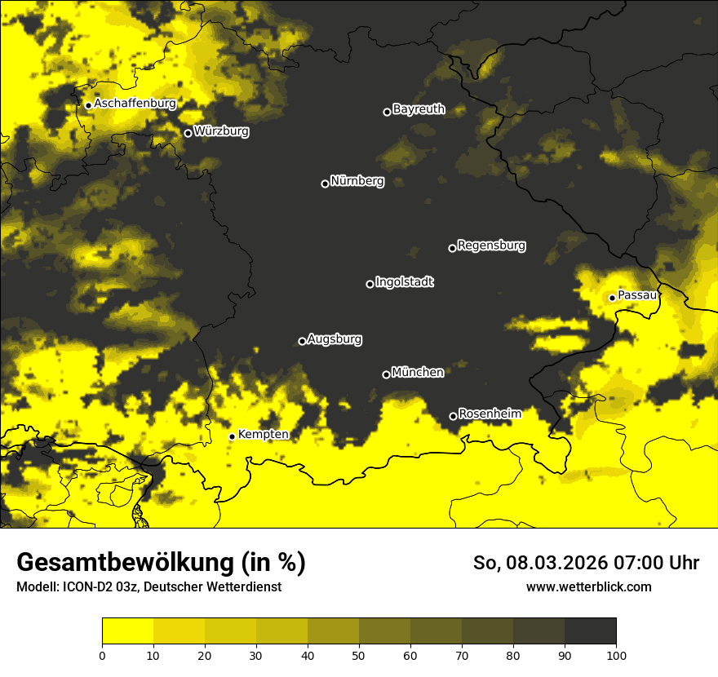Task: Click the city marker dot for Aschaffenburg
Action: point(88,105)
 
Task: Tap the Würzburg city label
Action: point(221,131)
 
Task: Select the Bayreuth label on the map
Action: point(419,109)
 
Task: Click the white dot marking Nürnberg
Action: point(325,184)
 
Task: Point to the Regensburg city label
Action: point(491,246)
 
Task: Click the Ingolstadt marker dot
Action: point(370,284)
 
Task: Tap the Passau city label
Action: point(637,295)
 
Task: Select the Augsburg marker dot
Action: point(302,341)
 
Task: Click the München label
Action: point(418,373)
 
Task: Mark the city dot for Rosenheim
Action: point(453,417)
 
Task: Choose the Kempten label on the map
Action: point(263,435)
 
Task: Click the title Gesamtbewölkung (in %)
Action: point(161,563)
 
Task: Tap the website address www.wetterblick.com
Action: point(588,587)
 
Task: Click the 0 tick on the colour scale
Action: point(102,655)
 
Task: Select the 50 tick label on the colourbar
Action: point(359,655)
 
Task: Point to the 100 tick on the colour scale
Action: point(616,655)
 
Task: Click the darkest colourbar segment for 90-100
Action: point(590,631)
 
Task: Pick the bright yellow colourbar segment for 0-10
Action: point(127,631)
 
